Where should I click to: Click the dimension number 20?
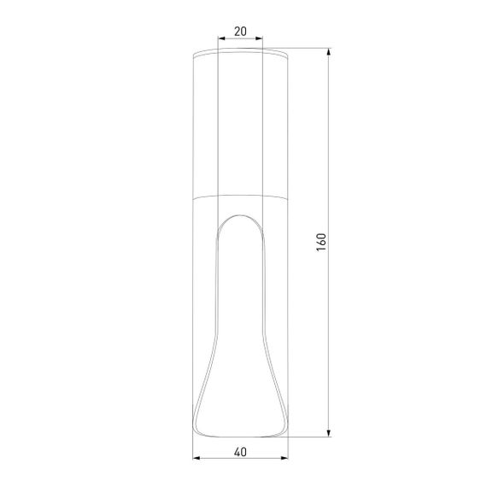coord(240,32)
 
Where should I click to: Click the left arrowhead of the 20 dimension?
coord(221,39)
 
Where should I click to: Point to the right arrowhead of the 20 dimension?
coord(260,39)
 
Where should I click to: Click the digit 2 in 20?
coord(236,32)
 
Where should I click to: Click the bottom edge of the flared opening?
coord(240,432)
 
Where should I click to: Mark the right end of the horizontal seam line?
coord(287,197)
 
